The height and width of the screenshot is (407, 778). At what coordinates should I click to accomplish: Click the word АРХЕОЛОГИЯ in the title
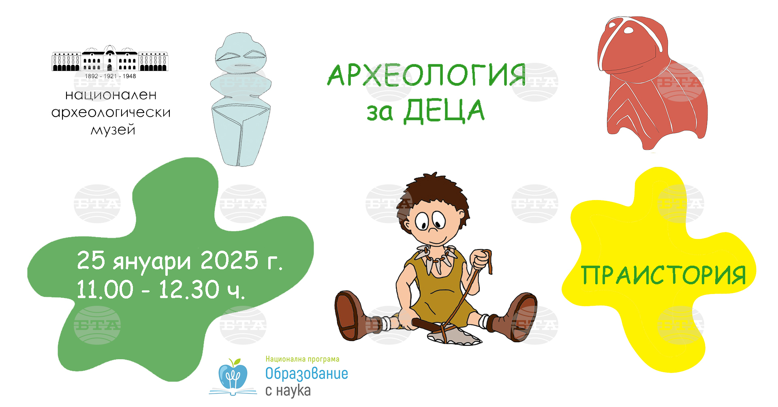(427, 75)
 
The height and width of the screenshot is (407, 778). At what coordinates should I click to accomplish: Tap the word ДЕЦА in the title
(444, 111)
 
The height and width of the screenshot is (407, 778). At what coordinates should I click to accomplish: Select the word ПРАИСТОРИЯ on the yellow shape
(663, 275)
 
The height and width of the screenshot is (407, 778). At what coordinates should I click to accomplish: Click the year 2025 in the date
(229, 260)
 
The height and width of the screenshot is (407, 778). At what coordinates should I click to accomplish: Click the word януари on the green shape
(152, 262)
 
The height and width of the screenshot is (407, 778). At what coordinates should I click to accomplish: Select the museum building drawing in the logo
(110, 58)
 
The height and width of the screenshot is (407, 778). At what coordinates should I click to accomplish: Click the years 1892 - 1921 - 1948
(110, 76)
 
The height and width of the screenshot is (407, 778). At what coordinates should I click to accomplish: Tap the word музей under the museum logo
(113, 130)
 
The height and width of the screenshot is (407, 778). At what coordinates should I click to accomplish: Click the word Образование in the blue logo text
(307, 374)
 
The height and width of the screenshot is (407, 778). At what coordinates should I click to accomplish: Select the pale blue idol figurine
(241, 100)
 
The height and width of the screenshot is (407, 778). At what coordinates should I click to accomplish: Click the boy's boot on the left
(351, 315)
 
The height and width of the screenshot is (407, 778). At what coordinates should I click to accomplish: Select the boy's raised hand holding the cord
(480, 259)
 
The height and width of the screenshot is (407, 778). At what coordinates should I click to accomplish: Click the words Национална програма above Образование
(302, 359)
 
